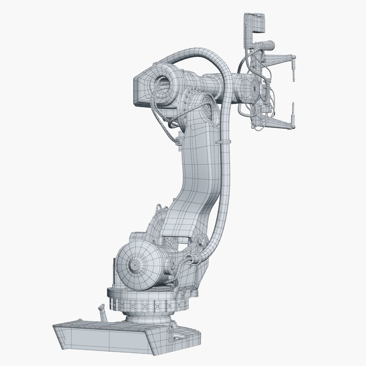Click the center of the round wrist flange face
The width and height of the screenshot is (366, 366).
(254, 88)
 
